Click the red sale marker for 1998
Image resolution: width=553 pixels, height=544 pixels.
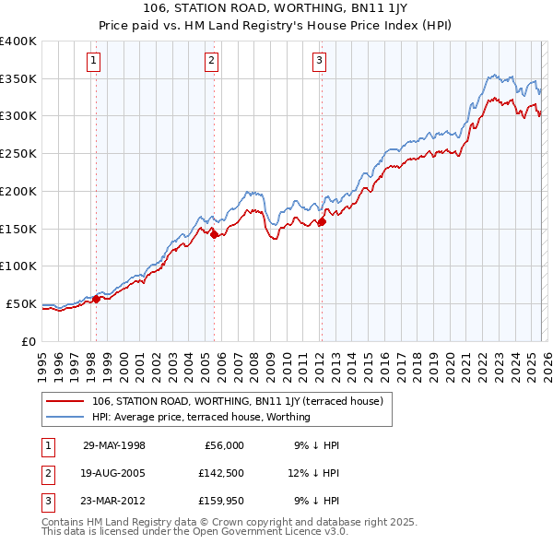point(96,299)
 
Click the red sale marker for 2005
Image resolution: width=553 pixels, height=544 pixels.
point(214,234)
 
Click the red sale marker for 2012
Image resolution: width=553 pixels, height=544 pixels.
point(322,221)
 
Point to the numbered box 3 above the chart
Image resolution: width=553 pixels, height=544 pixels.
point(319,62)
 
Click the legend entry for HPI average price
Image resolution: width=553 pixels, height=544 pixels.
point(201,417)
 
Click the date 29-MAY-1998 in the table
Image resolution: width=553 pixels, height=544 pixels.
point(114,445)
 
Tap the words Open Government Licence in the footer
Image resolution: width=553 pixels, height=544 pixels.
point(266,533)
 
